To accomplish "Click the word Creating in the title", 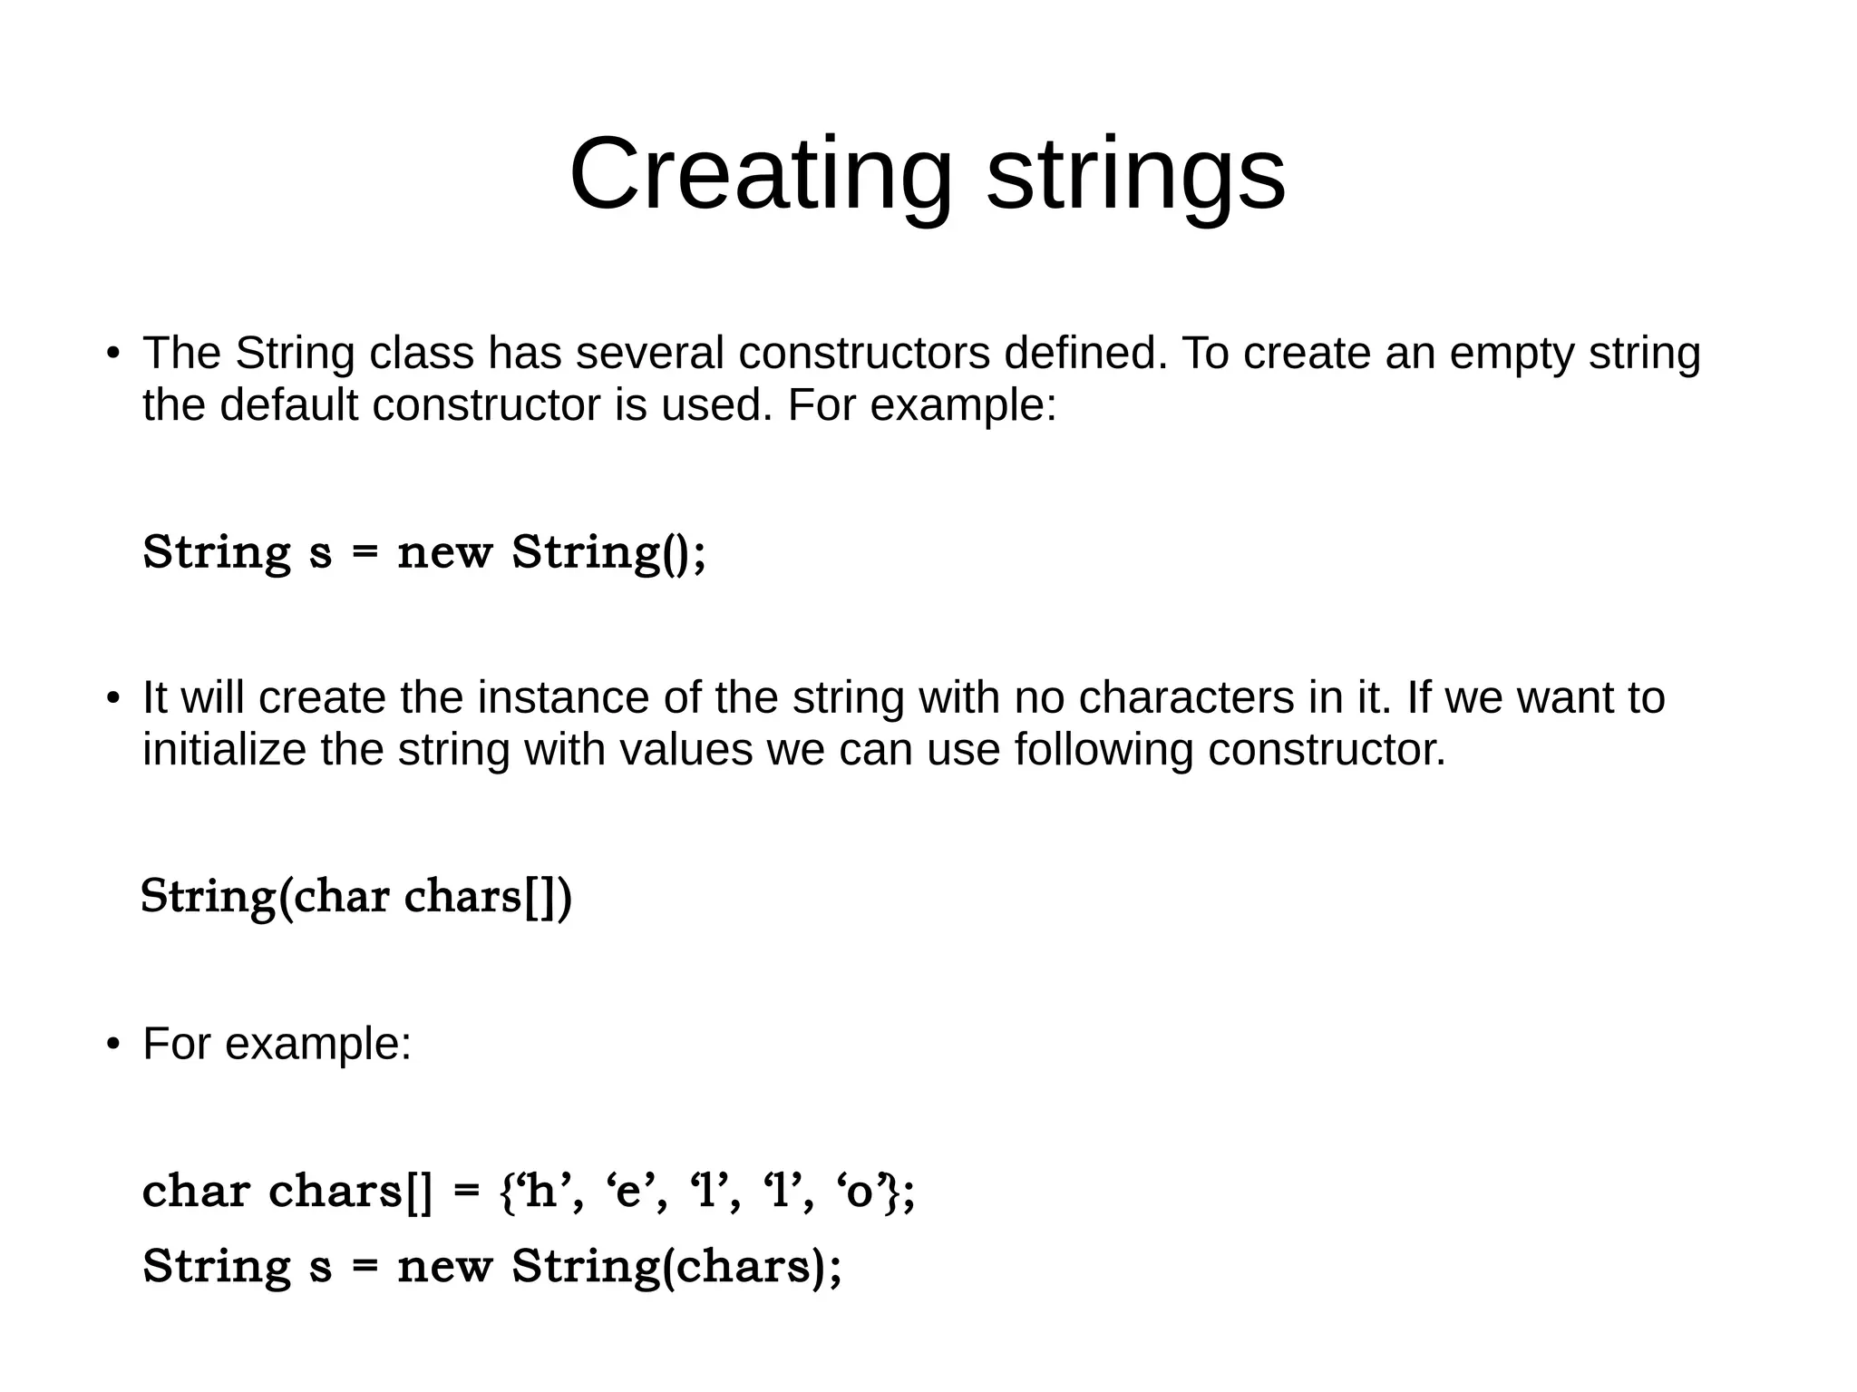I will [x=760, y=174].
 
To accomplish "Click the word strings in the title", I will [x=1135, y=174].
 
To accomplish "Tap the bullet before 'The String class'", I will [x=112, y=354].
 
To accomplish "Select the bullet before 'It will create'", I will [x=112, y=699].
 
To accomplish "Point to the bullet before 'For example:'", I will [x=112, y=1045].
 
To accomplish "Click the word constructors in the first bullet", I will [x=864, y=354].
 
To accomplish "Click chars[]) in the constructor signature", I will [x=487, y=897].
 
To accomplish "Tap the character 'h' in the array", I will [x=540, y=1191].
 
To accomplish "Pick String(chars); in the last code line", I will [x=676, y=1266].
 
